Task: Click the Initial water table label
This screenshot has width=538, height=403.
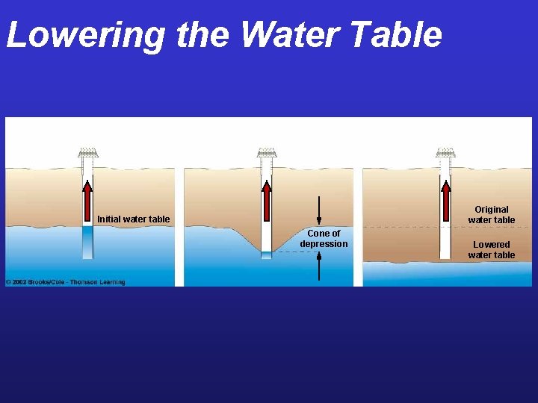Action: coord(133,219)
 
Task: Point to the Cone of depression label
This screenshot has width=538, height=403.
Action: coord(324,239)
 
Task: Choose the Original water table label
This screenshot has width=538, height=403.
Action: coord(491,214)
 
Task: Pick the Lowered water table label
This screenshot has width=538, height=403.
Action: coord(491,249)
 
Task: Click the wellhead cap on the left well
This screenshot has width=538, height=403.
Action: coord(87,152)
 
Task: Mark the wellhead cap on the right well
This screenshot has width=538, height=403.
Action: coord(445,152)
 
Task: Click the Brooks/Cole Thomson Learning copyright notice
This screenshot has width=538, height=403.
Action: coord(66,282)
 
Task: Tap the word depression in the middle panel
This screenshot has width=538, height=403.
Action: coord(324,244)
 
